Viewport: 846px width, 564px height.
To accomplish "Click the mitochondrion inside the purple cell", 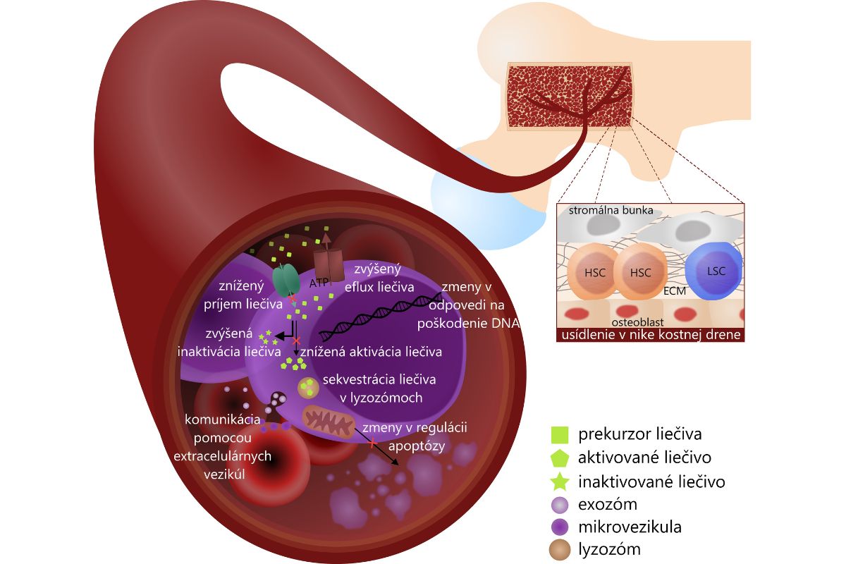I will (329, 421).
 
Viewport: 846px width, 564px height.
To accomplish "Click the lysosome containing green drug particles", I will (307, 386).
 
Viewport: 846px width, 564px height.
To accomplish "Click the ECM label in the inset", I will (675, 290).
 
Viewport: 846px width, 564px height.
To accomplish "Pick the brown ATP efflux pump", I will (327, 261).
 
